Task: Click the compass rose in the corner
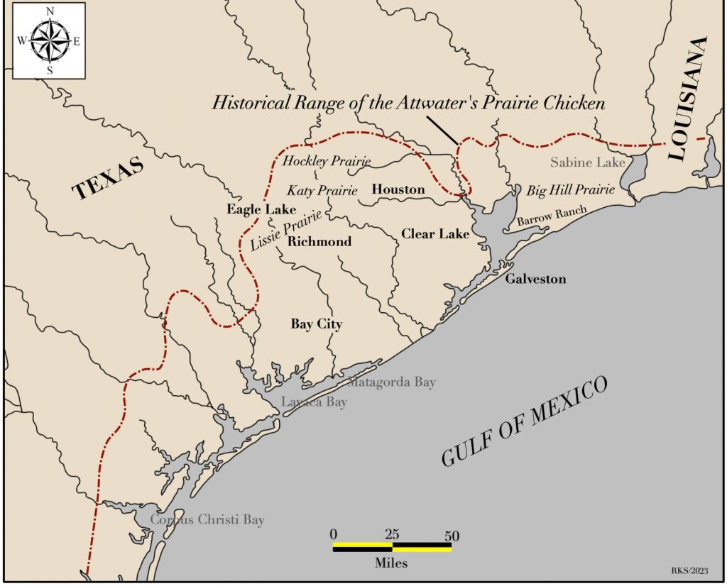[49, 40]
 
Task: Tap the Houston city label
[398, 189]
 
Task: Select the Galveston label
[535, 279]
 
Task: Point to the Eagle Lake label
[255, 209]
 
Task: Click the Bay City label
[316, 324]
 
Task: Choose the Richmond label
[319, 242]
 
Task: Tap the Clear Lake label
[435, 233]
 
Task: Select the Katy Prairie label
[322, 191]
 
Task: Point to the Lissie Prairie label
[287, 230]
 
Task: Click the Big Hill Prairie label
[570, 190]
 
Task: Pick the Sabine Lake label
[587, 162]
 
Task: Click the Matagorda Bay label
[392, 382]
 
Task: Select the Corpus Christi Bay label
[207, 520]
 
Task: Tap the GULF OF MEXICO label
[525, 421]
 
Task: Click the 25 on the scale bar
[392, 535]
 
